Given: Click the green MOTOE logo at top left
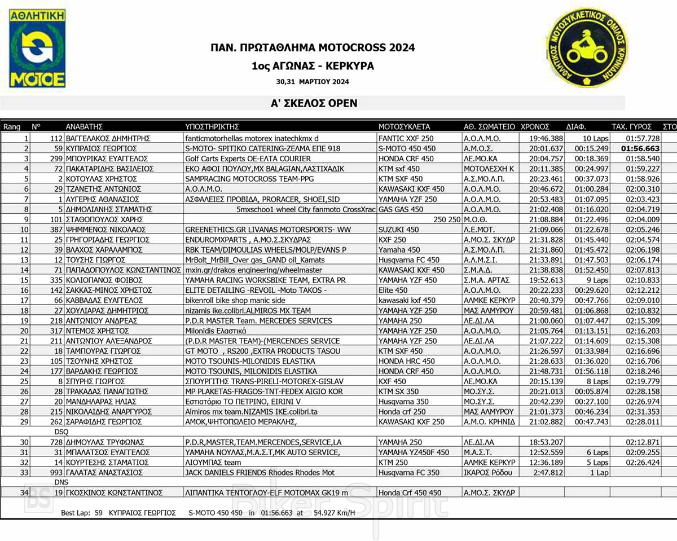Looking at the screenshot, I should click(37, 49).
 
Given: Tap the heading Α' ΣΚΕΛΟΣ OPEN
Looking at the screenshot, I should click(314, 103).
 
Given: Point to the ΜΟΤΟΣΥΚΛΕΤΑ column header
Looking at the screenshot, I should click(404, 127).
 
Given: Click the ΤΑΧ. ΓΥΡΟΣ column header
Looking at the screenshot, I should click(632, 127).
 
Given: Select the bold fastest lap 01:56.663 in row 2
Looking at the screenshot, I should click(640, 148).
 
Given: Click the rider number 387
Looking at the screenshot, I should click(55, 230).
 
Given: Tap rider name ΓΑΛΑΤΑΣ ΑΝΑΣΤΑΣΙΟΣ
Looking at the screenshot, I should click(104, 472).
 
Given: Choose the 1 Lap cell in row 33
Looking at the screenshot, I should click(599, 472).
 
